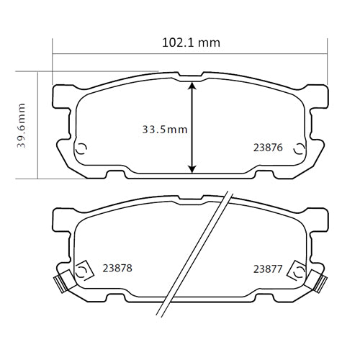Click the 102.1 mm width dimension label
(x=190, y=42)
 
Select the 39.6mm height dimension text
(x=22, y=125)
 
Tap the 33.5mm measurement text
(x=164, y=130)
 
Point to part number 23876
(x=267, y=148)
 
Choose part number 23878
(x=117, y=268)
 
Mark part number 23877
(x=267, y=269)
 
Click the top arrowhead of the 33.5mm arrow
(x=192, y=85)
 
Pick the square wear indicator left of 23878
(x=82, y=271)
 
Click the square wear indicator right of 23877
(x=296, y=271)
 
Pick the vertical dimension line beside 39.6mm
(x=36, y=125)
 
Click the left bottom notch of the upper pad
(x=116, y=174)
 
